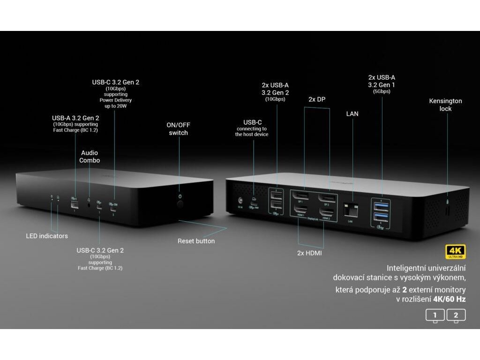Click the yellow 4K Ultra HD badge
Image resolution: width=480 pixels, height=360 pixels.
click(x=455, y=252)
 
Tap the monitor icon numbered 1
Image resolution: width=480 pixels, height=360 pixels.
click(x=435, y=315)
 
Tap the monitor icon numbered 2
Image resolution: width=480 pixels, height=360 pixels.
click(x=456, y=315)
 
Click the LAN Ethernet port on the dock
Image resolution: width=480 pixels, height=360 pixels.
click(x=349, y=209)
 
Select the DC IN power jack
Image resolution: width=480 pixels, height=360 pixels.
click(x=241, y=200)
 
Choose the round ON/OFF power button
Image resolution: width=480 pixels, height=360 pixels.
click(x=180, y=204)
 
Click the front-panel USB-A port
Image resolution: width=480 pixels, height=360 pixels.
click(x=74, y=204)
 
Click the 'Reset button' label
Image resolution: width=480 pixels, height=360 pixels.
click(x=196, y=241)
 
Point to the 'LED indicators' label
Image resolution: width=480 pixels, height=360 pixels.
click(x=47, y=236)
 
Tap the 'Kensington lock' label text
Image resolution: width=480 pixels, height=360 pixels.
click(x=445, y=105)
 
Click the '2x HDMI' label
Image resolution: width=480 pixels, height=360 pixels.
click(x=310, y=253)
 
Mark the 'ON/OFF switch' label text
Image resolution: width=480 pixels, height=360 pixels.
click(x=178, y=129)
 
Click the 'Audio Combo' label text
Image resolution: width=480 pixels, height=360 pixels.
click(x=90, y=157)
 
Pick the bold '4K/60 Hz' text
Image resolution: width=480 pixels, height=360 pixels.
click(x=449, y=299)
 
